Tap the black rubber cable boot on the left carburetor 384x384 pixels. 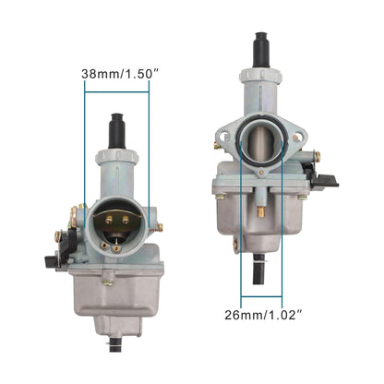[x=118, y=128]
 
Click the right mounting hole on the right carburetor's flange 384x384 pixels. [x=297, y=138]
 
